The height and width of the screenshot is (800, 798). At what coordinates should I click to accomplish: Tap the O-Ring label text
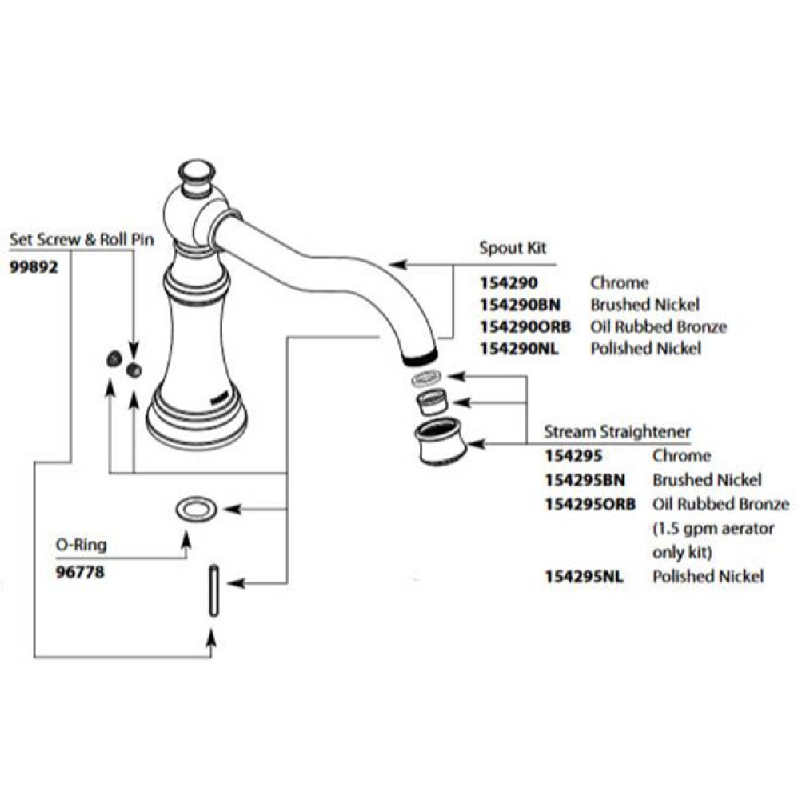click(x=81, y=546)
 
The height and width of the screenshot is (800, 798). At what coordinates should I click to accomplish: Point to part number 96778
click(x=80, y=572)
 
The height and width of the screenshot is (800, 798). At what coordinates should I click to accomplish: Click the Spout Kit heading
click(x=513, y=248)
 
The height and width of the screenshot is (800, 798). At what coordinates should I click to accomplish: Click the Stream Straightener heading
click(x=617, y=432)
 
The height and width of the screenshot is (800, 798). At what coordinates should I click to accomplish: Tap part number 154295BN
click(x=584, y=480)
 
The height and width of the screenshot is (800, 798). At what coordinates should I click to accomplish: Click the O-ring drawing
click(x=196, y=508)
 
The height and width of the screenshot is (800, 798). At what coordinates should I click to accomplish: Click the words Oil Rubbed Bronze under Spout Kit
click(x=658, y=326)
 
